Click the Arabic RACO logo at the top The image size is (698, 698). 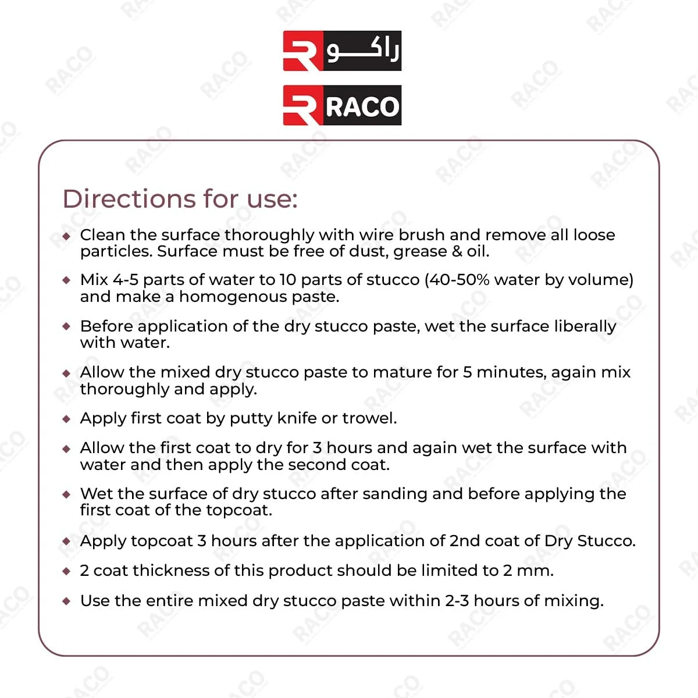[342, 51]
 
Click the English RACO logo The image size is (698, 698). [342, 105]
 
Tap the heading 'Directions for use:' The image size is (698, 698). [180, 199]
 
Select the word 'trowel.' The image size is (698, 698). [369, 418]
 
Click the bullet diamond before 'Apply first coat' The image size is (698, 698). [67, 419]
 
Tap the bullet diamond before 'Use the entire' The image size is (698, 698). [67, 601]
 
